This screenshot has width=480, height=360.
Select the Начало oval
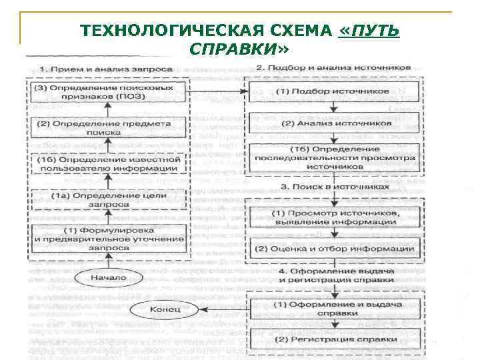109,277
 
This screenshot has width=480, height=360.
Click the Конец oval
163,309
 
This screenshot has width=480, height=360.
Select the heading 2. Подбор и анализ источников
333,68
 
